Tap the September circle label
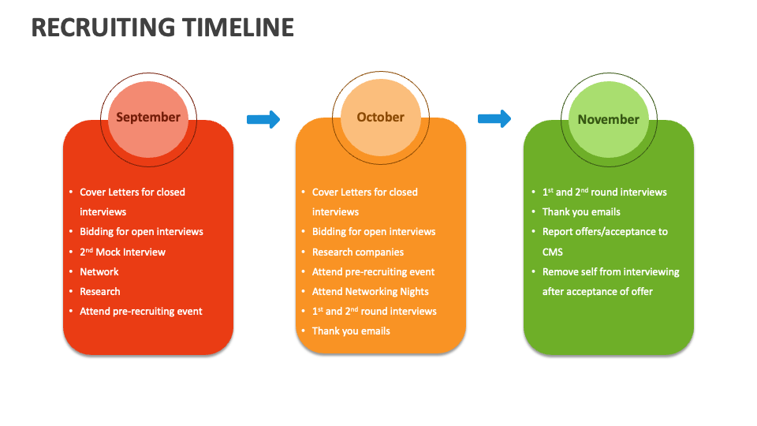click(148, 117)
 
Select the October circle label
click(380, 117)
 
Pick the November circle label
click(608, 119)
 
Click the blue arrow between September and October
click(263, 119)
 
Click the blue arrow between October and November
click(494, 119)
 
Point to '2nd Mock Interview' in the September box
click(122, 252)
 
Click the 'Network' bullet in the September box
click(99, 272)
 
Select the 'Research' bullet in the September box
click(100, 292)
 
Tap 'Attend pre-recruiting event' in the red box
click(141, 312)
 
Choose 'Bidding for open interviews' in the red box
click(141, 232)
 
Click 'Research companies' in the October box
click(358, 252)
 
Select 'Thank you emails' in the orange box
click(351, 331)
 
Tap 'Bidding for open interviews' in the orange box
click(374, 232)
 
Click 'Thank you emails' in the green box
click(581, 212)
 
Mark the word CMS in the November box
click(553, 252)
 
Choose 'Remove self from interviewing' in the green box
click(610, 272)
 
